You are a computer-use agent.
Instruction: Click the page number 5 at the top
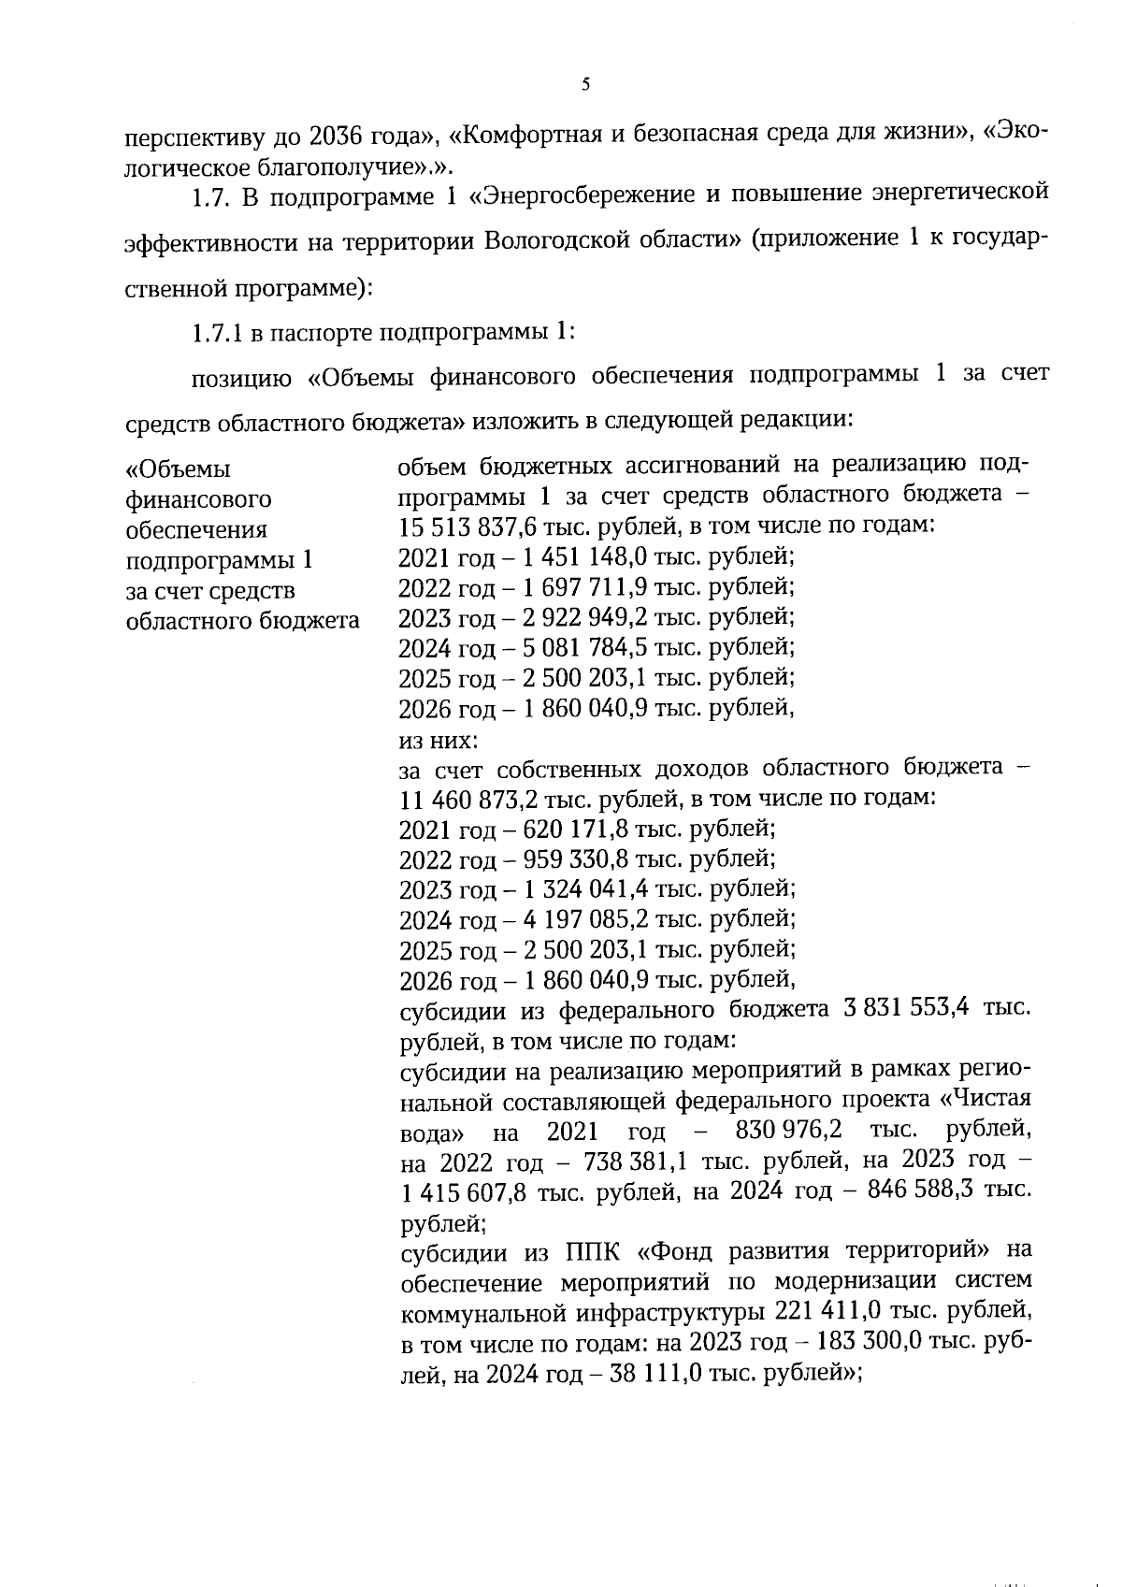tap(585, 85)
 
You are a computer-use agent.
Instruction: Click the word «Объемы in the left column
tap(179, 469)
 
